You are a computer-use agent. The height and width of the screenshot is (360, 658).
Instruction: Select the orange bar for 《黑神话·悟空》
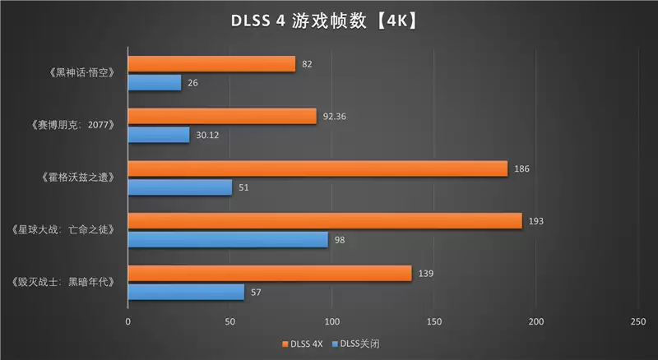211,63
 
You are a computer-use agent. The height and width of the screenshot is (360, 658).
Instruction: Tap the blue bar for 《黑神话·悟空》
155,82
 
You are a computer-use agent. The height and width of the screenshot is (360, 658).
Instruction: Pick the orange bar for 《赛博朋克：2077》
222,116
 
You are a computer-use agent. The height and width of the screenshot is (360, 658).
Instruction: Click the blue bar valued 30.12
159,135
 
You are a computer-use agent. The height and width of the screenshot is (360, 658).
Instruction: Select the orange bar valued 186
317,168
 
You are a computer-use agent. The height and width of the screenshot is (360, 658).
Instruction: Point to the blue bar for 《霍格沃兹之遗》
180,187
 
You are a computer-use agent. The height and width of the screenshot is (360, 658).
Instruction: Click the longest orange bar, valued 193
325,220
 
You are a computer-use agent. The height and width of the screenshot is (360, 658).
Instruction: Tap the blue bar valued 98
228,239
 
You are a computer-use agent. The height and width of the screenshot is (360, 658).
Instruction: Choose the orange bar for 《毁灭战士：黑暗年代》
270,273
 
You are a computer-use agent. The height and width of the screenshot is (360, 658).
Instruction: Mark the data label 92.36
335,116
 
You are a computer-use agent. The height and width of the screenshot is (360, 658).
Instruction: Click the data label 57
255,292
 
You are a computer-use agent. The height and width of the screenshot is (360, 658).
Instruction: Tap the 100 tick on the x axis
332,321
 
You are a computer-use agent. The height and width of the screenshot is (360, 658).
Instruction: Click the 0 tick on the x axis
127,321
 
